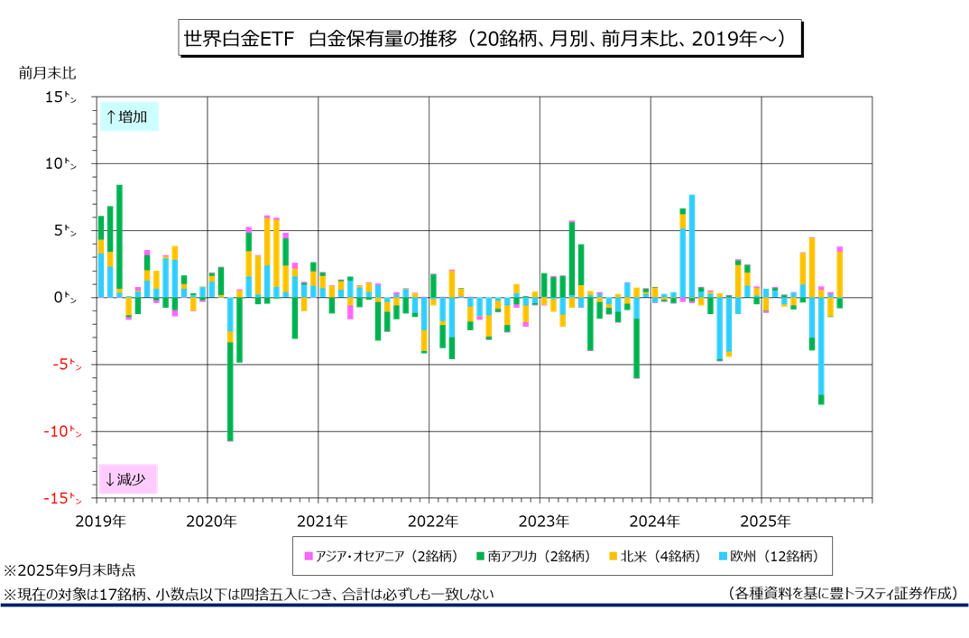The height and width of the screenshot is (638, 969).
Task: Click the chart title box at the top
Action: [484, 39]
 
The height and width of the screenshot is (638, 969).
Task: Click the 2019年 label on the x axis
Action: [100, 521]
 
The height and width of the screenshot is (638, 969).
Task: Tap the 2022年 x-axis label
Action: [432, 521]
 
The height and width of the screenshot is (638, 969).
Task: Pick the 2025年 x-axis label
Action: [764, 521]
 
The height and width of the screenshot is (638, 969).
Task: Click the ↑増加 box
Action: [129, 116]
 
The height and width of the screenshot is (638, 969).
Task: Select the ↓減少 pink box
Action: [129, 479]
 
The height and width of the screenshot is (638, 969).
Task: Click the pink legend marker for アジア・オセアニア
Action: [309, 556]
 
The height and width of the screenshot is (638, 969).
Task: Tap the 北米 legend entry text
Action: [661, 556]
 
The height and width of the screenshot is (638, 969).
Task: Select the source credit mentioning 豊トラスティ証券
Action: [840, 593]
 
